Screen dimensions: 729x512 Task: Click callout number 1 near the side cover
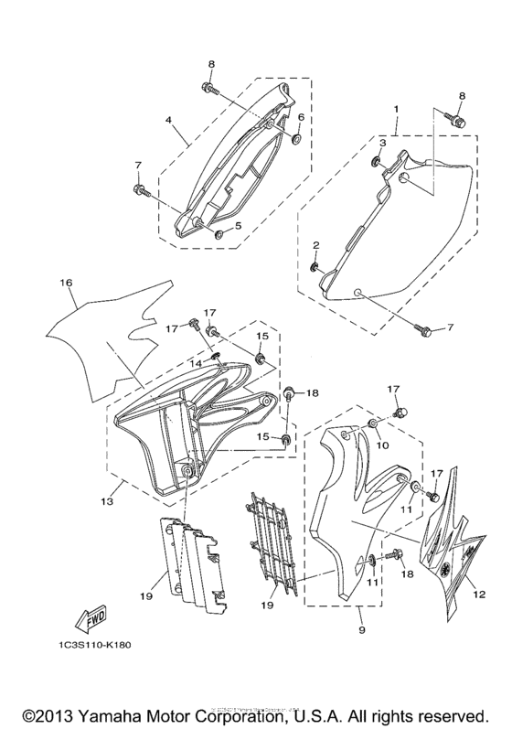(x=395, y=108)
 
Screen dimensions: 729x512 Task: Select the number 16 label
(x=66, y=284)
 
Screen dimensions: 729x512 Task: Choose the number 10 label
(x=384, y=445)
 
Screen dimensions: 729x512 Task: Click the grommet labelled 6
(x=298, y=138)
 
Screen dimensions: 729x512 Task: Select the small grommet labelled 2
(x=314, y=267)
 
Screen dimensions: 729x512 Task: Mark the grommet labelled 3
(x=377, y=162)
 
